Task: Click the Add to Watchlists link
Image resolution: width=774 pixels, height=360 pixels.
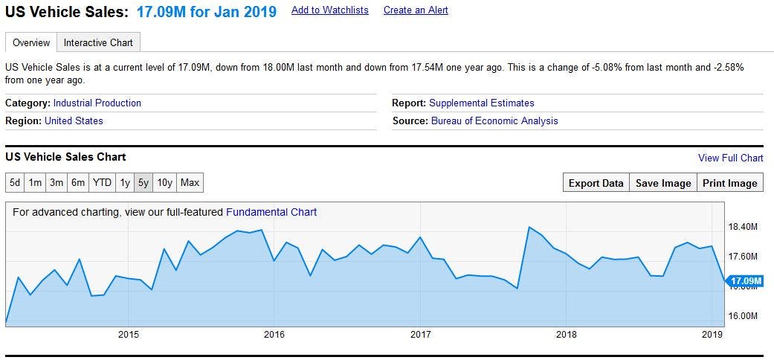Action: [x=329, y=10]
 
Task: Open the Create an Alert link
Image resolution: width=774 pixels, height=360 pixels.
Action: [x=416, y=10]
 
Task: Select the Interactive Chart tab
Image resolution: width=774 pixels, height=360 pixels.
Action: [x=98, y=42]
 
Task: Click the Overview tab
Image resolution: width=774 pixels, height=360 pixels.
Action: [x=31, y=42]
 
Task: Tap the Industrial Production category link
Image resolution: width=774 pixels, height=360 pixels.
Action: [x=97, y=103]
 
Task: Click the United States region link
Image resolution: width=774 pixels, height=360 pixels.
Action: [x=74, y=120]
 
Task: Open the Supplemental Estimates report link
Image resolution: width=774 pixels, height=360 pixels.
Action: [x=481, y=103]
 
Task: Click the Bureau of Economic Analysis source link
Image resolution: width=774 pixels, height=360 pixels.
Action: [x=494, y=120]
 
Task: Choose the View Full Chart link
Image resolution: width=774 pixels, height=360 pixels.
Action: [x=730, y=158]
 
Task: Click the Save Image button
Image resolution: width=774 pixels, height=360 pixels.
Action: [x=663, y=183]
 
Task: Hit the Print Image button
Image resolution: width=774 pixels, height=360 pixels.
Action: [x=730, y=183]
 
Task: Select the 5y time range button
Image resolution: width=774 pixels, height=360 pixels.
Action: [x=143, y=183]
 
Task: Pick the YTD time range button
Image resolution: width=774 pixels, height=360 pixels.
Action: [x=102, y=183]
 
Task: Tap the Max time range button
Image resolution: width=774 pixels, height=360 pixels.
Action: [x=190, y=183]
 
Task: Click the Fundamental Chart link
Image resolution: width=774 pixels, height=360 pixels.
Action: [x=271, y=212]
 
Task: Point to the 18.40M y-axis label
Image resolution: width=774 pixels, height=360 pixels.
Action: [x=742, y=227]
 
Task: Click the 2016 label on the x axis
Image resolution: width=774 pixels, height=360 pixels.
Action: [x=274, y=335]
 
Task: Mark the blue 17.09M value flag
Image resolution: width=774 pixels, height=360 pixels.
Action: [x=746, y=280]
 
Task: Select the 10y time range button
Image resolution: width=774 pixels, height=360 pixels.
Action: [x=165, y=183]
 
